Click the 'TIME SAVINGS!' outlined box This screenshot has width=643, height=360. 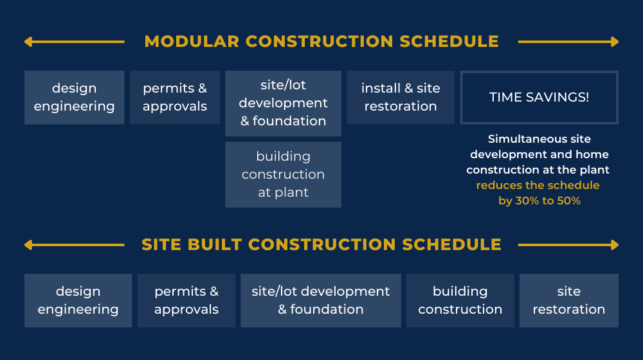539,97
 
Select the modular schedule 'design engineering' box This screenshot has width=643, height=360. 74,97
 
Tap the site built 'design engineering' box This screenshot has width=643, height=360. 78,300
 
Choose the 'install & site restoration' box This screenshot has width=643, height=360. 401,97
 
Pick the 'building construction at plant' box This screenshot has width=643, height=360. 283,174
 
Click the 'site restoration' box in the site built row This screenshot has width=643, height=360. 568,300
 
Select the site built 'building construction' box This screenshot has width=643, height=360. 460,300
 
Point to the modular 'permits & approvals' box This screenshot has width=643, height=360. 174,97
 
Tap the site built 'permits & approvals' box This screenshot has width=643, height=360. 186,300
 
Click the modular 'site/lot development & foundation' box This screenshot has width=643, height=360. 283,103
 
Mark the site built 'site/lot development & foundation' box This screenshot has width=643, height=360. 320,300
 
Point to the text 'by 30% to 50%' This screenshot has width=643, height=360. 539,201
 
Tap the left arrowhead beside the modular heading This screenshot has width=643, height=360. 28,42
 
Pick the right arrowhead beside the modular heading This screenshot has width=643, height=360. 615,42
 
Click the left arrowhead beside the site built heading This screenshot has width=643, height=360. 28,245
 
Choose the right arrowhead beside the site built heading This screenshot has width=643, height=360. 615,245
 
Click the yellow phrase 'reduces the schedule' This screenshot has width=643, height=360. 538,185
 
